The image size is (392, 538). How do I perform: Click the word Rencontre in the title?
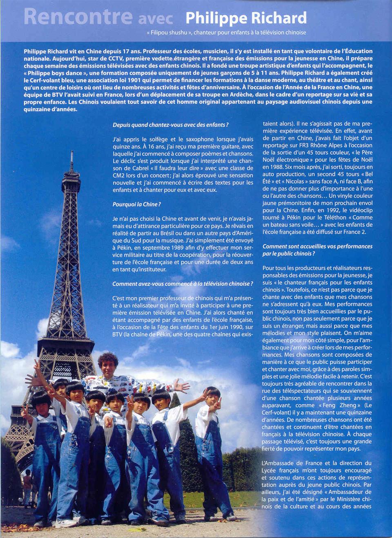tap(78, 16)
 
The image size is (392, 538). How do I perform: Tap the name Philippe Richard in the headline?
tap(246, 18)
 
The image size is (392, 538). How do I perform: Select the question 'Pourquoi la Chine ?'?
tap(136, 204)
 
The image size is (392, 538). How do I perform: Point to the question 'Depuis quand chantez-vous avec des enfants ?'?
tap(170, 125)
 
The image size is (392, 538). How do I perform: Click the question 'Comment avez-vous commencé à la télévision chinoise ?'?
tap(183, 284)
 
